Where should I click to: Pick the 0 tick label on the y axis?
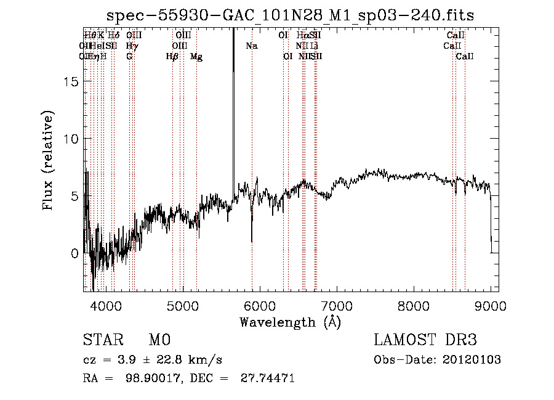74,253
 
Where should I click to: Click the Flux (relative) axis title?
49,160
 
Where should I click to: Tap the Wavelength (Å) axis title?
291,322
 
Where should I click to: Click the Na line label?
252,46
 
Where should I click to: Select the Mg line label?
196,57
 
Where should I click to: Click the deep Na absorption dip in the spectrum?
252,239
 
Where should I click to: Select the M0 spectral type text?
159,340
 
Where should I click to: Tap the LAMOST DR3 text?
425,340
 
